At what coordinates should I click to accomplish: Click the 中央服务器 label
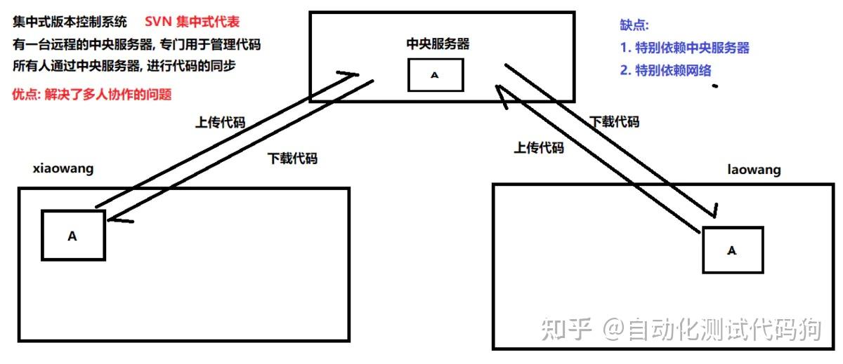click(438, 43)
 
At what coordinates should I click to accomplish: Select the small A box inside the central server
click(435, 74)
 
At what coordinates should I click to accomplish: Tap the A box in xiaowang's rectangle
click(72, 236)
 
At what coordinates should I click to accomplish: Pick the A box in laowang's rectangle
click(732, 250)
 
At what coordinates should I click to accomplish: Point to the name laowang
click(754, 170)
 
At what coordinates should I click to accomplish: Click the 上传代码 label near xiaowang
click(219, 121)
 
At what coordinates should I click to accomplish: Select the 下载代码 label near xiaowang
click(292, 158)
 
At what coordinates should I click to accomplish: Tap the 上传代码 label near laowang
click(539, 147)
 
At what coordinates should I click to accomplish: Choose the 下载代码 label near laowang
click(615, 121)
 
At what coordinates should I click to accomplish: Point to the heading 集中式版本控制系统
click(70, 22)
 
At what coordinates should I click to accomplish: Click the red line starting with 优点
click(92, 94)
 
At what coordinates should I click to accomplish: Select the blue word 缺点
click(634, 25)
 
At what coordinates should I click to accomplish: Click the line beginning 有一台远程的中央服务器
click(136, 45)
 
